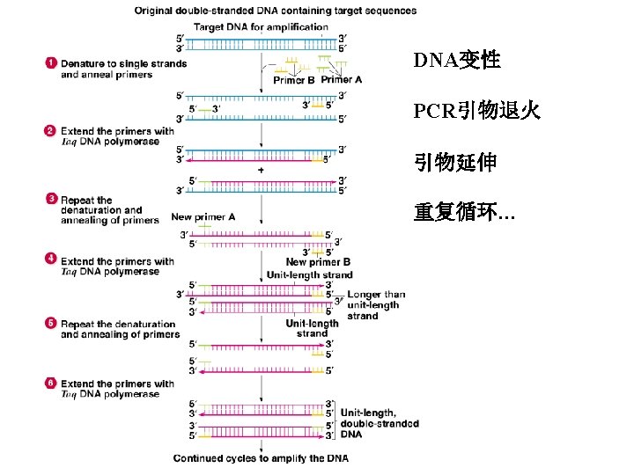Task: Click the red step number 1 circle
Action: pyautogui.click(x=51, y=63)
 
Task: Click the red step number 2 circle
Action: pyautogui.click(x=51, y=131)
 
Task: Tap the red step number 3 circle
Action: pyautogui.click(x=51, y=200)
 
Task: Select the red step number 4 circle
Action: pyautogui.click(x=51, y=260)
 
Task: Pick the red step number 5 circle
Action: pyautogui.click(x=51, y=324)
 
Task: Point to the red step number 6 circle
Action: pyautogui.click(x=51, y=384)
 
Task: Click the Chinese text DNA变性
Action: pyautogui.click(x=457, y=61)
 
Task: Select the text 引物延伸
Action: pyautogui.click(x=455, y=163)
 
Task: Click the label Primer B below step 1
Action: pyautogui.click(x=294, y=80)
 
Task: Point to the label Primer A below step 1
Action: pyautogui.click(x=341, y=80)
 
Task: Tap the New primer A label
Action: pyautogui.click(x=203, y=217)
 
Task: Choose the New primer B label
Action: pyautogui.click(x=318, y=261)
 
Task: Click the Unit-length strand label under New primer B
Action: pyautogui.click(x=309, y=274)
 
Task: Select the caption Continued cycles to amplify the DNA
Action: pyautogui.click(x=261, y=458)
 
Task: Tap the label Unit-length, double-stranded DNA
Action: pyautogui.click(x=380, y=423)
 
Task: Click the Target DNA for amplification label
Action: pyautogui.click(x=247, y=26)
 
